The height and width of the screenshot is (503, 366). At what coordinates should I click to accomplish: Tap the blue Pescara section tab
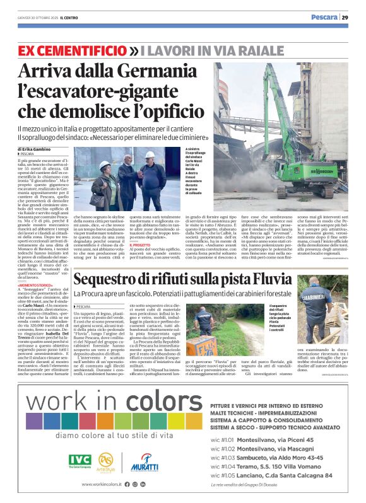tap(325, 17)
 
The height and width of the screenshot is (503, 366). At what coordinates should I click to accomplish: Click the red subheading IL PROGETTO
tap(141, 262)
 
